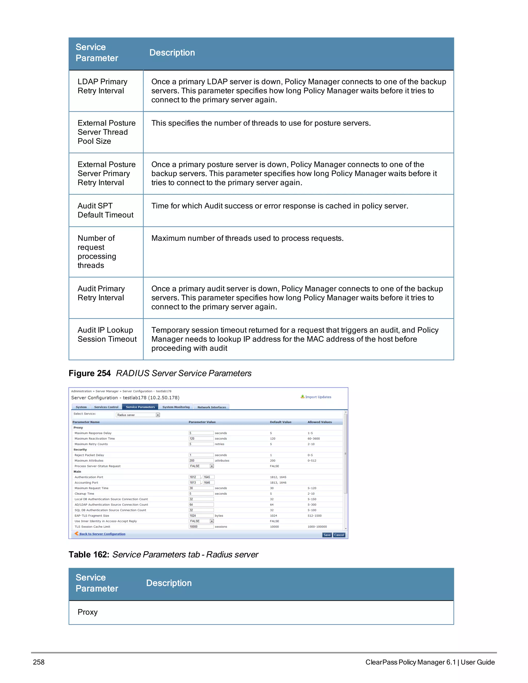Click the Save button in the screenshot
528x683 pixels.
(327, 535)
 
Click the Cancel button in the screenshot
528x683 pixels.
(339, 535)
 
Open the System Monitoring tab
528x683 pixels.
(176, 407)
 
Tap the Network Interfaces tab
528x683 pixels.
(211, 407)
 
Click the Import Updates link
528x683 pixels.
(318, 397)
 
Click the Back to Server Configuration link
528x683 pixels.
(102, 534)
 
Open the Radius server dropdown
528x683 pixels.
(138, 415)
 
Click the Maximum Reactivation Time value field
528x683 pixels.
(201, 438)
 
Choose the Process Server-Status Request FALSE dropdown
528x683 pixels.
(201, 466)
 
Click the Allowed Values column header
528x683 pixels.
(319, 422)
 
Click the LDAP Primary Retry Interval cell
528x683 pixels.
(102, 86)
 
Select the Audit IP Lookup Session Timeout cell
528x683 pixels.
(107, 335)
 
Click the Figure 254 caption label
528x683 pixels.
(89, 373)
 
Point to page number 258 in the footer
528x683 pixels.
(39, 662)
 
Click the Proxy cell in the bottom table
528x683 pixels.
(88, 612)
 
